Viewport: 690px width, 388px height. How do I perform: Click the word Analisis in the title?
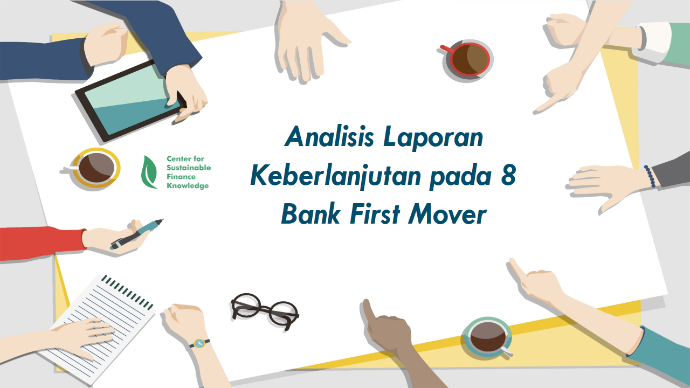pos(329,136)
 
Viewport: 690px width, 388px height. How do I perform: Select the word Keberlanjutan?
pos(336,176)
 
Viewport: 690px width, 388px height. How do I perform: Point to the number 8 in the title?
pos(508,175)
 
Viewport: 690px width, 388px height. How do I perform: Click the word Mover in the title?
pos(447,214)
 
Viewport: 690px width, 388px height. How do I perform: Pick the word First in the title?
pos(375,214)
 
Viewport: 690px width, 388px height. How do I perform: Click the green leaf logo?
pos(149,172)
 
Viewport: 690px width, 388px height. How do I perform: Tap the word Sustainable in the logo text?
pos(189,168)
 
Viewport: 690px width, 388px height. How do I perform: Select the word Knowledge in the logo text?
pos(188,186)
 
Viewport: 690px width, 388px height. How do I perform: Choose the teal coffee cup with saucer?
pos(488,337)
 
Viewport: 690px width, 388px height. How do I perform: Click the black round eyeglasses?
pos(265,311)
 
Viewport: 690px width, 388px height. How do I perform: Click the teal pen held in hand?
pos(137,234)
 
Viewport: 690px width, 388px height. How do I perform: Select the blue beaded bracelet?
pos(650,176)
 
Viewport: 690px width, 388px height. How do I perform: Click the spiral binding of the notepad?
pos(127,292)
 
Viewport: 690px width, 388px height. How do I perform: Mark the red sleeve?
pos(42,244)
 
